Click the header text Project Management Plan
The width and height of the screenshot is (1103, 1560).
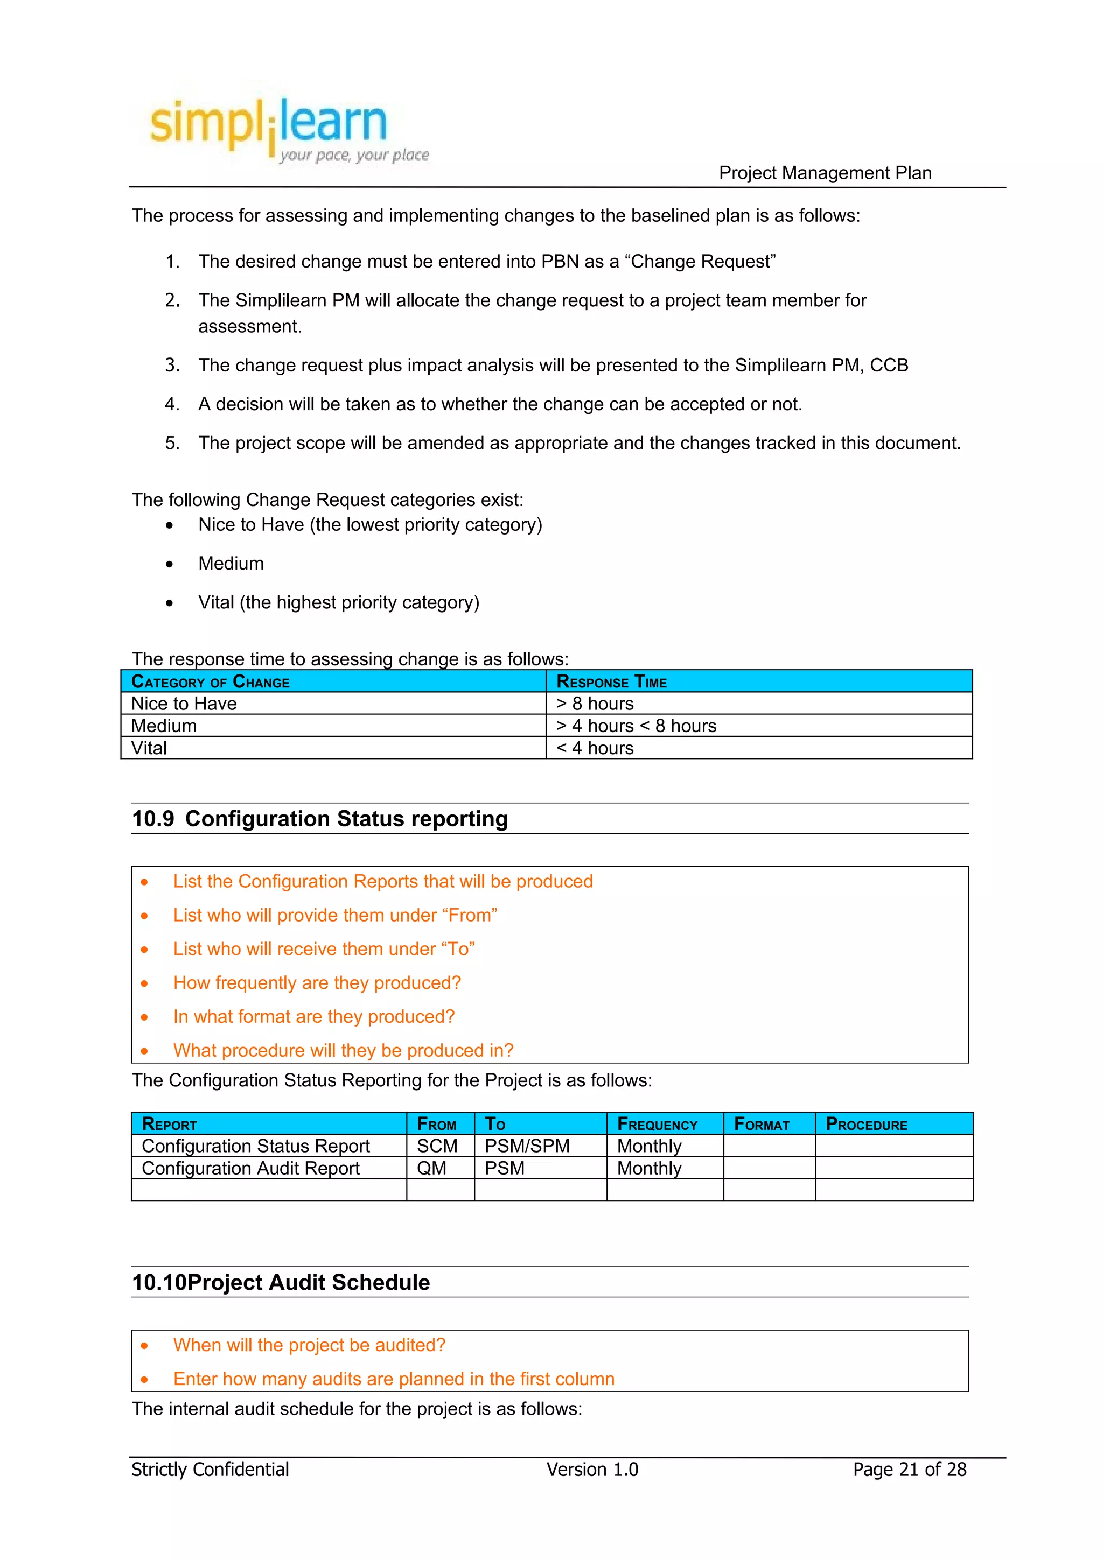[825, 173]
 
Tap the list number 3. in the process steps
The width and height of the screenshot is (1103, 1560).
[173, 366]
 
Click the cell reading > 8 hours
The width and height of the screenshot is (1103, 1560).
[595, 704]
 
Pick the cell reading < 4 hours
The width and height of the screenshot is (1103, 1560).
[595, 748]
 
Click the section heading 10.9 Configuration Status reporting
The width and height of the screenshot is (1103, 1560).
[319, 819]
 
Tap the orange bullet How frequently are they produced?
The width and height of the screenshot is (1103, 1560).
[317, 983]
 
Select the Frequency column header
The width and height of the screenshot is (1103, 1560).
[657, 1125]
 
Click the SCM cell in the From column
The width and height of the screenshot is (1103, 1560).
[437, 1146]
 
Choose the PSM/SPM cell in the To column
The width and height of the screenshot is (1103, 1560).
[527, 1146]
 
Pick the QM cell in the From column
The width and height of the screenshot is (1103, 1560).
[431, 1169]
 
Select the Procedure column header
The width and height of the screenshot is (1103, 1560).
[866, 1125]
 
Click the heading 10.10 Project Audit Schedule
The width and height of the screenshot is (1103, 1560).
[281, 1283]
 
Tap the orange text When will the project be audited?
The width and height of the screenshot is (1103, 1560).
[309, 1345]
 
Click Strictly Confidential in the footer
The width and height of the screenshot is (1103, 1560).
[210, 1470]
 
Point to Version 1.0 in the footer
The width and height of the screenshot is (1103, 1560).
[592, 1470]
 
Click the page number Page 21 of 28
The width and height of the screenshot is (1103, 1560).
[909, 1470]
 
